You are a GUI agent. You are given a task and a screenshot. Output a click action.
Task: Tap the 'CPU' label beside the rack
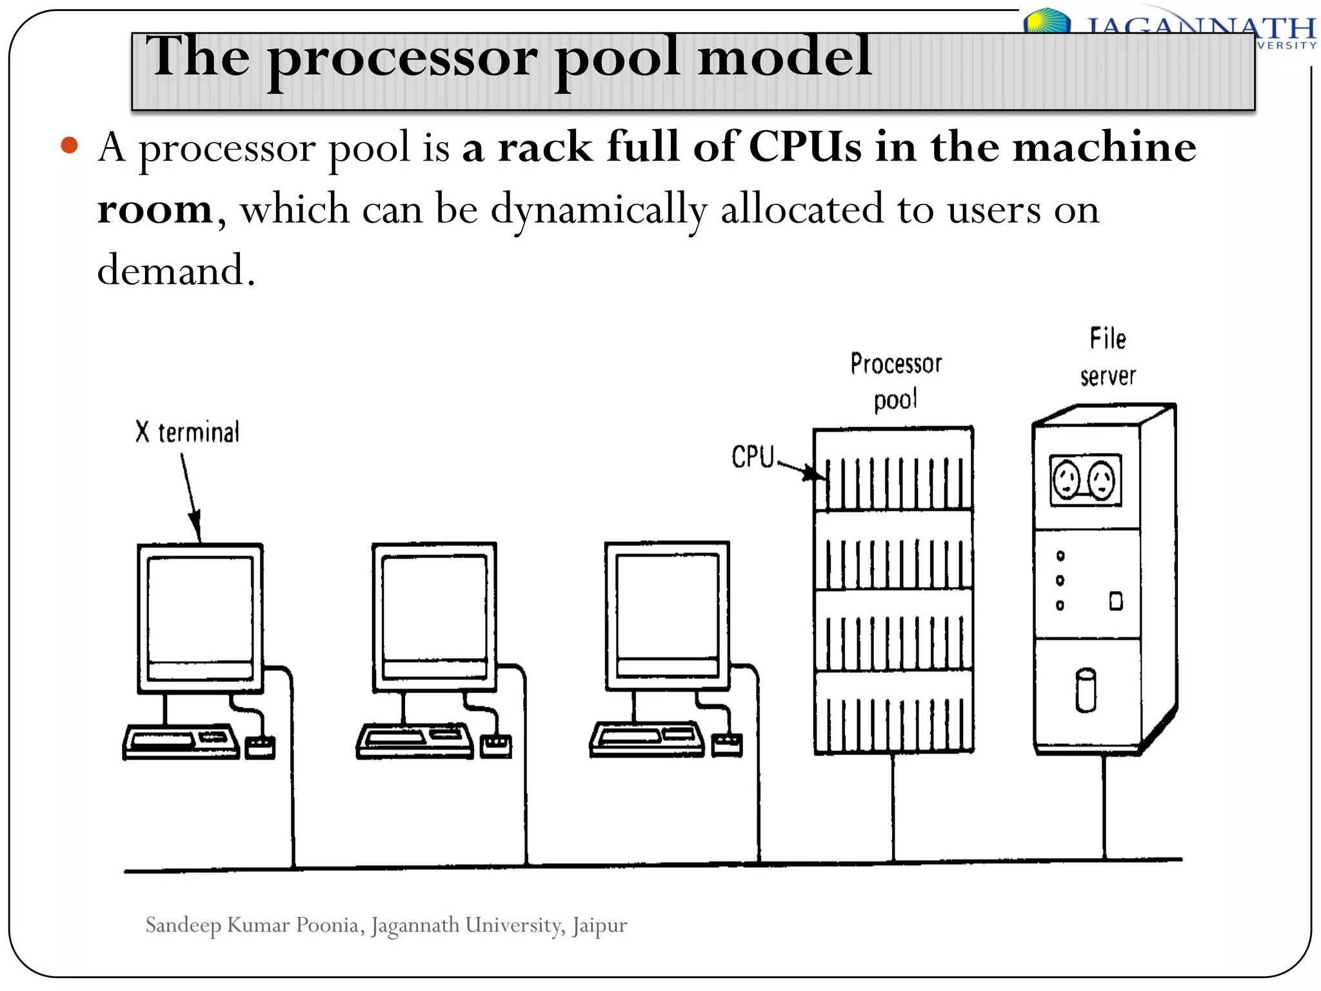(x=752, y=457)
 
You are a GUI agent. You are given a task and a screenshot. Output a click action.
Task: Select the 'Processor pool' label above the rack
(x=896, y=381)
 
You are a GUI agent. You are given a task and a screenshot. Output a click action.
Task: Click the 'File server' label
(x=1107, y=357)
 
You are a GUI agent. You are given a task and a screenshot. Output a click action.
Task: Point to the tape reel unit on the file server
(x=1085, y=480)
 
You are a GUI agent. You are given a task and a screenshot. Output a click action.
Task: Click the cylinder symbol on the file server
(x=1086, y=690)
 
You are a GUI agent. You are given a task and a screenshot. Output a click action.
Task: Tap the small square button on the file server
(x=1116, y=601)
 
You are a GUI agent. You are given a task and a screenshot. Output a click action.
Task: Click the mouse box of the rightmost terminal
(x=727, y=745)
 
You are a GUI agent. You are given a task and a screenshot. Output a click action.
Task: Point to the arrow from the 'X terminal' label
(x=190, y=497)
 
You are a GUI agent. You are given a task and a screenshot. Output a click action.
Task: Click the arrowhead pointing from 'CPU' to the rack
(x=814, y=474)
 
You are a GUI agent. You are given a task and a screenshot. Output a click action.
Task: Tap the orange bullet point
(x=69, y=145)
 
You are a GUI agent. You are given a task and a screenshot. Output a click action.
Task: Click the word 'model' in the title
(x=785, y=57)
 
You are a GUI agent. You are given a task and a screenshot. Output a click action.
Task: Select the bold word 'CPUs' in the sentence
(x=804, y=147)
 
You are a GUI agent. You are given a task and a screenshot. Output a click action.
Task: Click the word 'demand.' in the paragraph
(x=176, y=270)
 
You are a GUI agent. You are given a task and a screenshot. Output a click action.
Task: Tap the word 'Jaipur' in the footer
(x=599, y=925)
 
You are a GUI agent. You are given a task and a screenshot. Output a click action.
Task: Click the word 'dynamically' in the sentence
(x=599, y=210)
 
